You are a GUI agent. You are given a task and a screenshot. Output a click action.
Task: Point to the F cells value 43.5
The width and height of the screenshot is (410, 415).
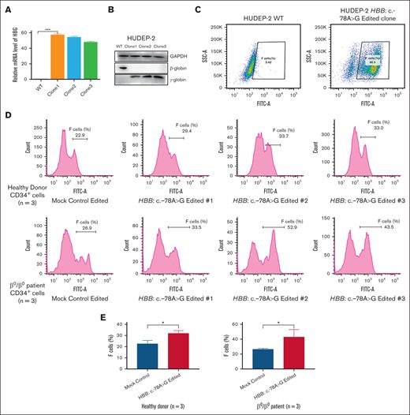pos(371,229)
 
